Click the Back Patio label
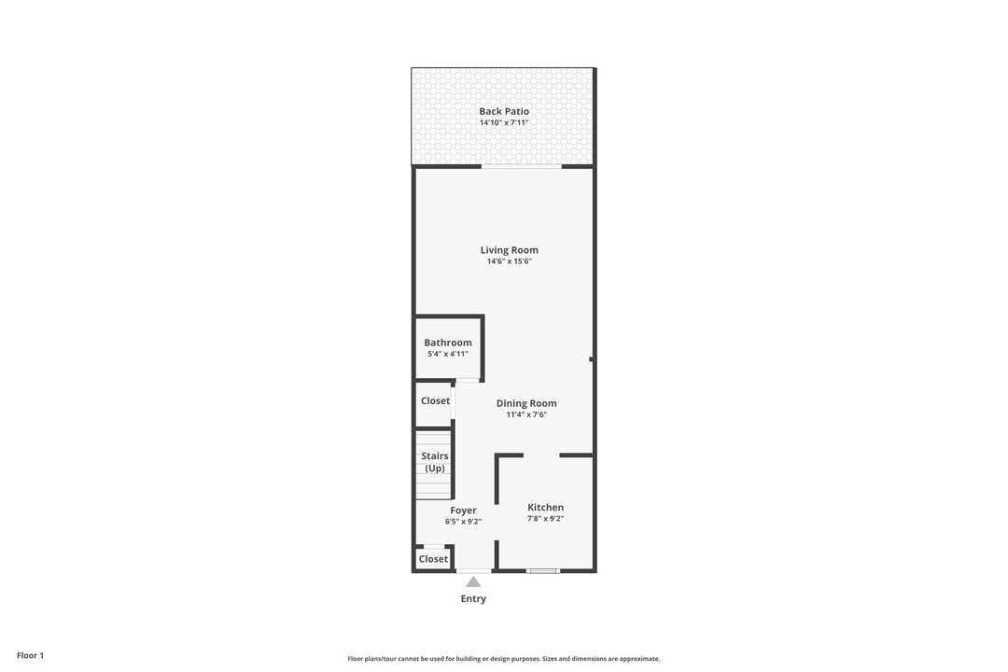pyautogui.click(x=504, y=111)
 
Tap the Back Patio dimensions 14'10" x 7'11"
pyautogui.click(x=504, y=122)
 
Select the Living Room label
pyautogui.click(x=509, y=250)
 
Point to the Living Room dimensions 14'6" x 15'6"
pyautogui.click(x=509, y=261)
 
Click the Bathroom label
pyautogui.click(x=448, y=343)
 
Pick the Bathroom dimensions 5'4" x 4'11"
pyautogui.click(x=448, y=354)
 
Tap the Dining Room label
pyautogui.click(x=526, y=403)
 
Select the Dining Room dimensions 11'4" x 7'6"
pyautogui.click(x=526, y=414)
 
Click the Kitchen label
pyautogui.click(x=545, y=508)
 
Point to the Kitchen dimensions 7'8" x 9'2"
pyautogui.click(x=545, y=519)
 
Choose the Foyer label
pyautogui.click(x=463, y=511)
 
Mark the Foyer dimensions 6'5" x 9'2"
pyautogui.click(x=463, y=522)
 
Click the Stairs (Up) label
pyautogui.click(x=435, y=462)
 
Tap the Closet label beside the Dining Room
pyautogui.click(x=435, y=400)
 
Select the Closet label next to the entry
pyautogui.click(x=433, y=559)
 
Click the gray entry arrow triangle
pyautogui.click(x=473, y=582)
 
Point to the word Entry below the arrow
pyautogui.click(x=473, y=598)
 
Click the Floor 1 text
pyautogui.click(x=30, y=655)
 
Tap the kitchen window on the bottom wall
pyautogui.click(x=542, y=570)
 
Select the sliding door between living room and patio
pyautogui.click(x=521, y=166)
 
